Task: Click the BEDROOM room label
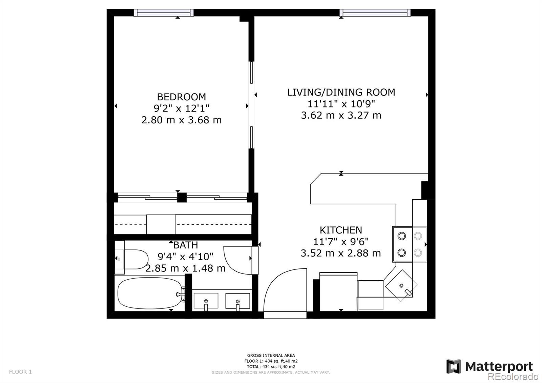click(181, 97)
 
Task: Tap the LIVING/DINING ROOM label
click(341, 92)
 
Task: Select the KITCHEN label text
click(341, 230)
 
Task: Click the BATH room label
click(186, 245)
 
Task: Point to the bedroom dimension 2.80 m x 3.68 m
click(181, 120)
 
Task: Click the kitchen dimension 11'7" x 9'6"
click(341, 242)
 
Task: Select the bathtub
click(149, 293)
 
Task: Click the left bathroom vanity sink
click(206, 301)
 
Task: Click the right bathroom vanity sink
click(238, 301)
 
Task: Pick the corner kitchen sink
click(401, 285)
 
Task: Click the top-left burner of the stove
click(402, 236)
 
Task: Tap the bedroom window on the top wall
click(164, 13)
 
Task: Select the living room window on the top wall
click(375, 13)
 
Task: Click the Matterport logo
click(489, 366)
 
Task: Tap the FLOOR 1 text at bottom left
click(20, 372)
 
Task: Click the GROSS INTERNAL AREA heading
click(271, 356)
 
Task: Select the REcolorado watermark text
click(513, 377)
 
